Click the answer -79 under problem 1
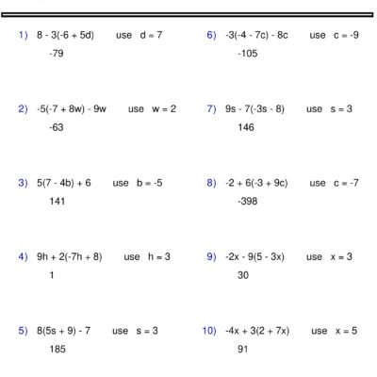[57, 54]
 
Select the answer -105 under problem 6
[247, 54]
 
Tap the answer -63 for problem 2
[57, 127]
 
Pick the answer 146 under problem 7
[246, 127]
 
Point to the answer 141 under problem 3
[57, 201]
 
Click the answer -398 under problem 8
[247, 201]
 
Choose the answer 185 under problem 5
[57, 349]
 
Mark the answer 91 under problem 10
[243, 349]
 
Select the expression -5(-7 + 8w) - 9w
[72, 108]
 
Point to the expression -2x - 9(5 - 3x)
[258, 256]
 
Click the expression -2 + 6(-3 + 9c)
[256, 183]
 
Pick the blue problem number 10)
[210, 331]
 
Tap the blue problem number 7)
[212, 108]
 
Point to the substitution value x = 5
[346, 331]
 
